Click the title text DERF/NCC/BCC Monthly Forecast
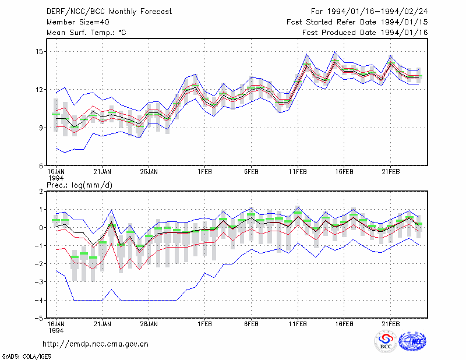[109, 12]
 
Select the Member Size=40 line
[78, 22]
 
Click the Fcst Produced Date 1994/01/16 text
[365, 33]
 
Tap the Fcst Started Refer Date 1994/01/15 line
[357, 22]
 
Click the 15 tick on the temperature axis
[40, 52]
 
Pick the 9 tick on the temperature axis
[41, 128]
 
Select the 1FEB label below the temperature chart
[204, 172]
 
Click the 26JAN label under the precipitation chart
[149, 324]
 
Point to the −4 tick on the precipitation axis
[38, 300]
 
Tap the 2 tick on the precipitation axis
[41, 192]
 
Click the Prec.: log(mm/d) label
[79, 185]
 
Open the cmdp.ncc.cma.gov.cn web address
[96, 344]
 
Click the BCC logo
[386, 341]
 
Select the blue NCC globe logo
[412, 341]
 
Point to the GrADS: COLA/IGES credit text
[27, 357]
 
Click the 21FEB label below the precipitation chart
[390, 324]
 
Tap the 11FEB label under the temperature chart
[298, 172]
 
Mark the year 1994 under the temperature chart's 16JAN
[56, 178]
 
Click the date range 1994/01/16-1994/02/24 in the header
[377, 12]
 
